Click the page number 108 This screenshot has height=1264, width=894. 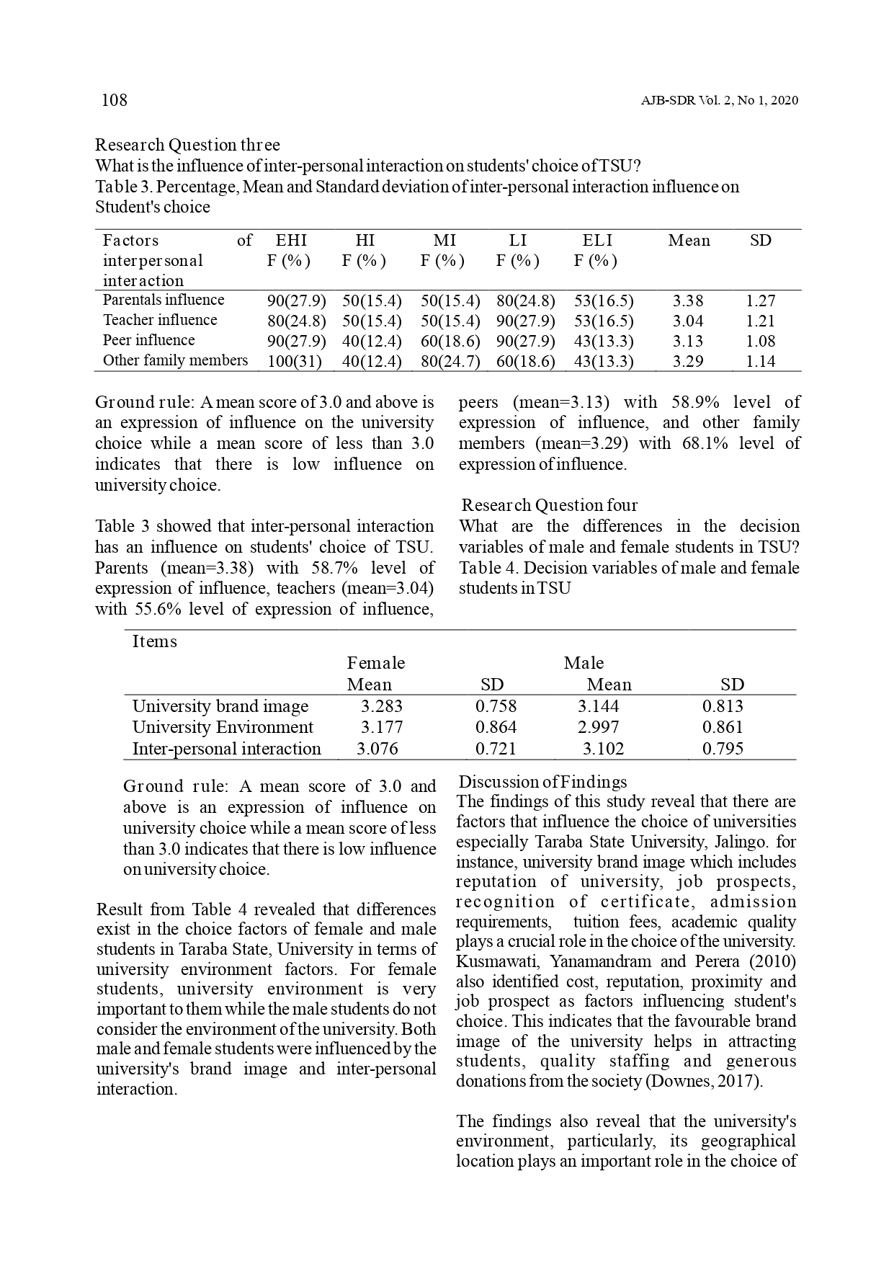115,100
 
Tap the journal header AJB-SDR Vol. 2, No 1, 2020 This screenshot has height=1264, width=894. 719,101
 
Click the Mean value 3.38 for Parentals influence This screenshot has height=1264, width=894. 688,301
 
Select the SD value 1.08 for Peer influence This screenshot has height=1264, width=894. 760,341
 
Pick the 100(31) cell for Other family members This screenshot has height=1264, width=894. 293,361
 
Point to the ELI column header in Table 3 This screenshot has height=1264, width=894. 597,241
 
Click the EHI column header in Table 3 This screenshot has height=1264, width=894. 291,241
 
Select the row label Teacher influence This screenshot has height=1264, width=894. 160,320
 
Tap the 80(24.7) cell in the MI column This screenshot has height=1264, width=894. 450,361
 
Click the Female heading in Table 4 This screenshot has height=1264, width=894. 376,663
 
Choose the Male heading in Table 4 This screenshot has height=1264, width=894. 584,663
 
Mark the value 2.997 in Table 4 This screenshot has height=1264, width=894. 598,727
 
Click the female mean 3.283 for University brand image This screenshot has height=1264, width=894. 381,706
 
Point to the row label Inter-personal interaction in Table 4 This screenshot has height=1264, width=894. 227,749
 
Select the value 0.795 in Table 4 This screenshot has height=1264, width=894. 723,749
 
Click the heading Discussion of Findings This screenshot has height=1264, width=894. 543,782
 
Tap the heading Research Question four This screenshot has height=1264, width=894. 549,505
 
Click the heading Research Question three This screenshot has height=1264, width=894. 187,145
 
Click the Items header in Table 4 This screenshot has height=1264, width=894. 154,641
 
